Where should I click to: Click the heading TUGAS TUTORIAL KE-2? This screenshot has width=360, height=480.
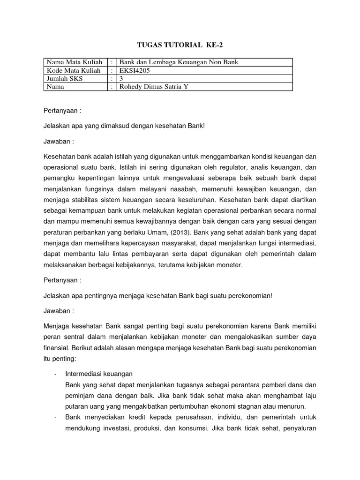(180, 45)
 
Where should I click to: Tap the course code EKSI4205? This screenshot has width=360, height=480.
(135, 70)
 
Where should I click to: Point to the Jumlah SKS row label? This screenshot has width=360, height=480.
(64, 79)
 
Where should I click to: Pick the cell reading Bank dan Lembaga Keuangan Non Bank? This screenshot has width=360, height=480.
(179, 62)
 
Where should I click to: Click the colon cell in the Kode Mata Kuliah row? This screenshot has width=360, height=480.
(112, 70)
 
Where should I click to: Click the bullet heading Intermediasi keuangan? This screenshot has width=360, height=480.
(99, 374)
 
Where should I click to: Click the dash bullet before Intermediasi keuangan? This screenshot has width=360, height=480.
(56, 374)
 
